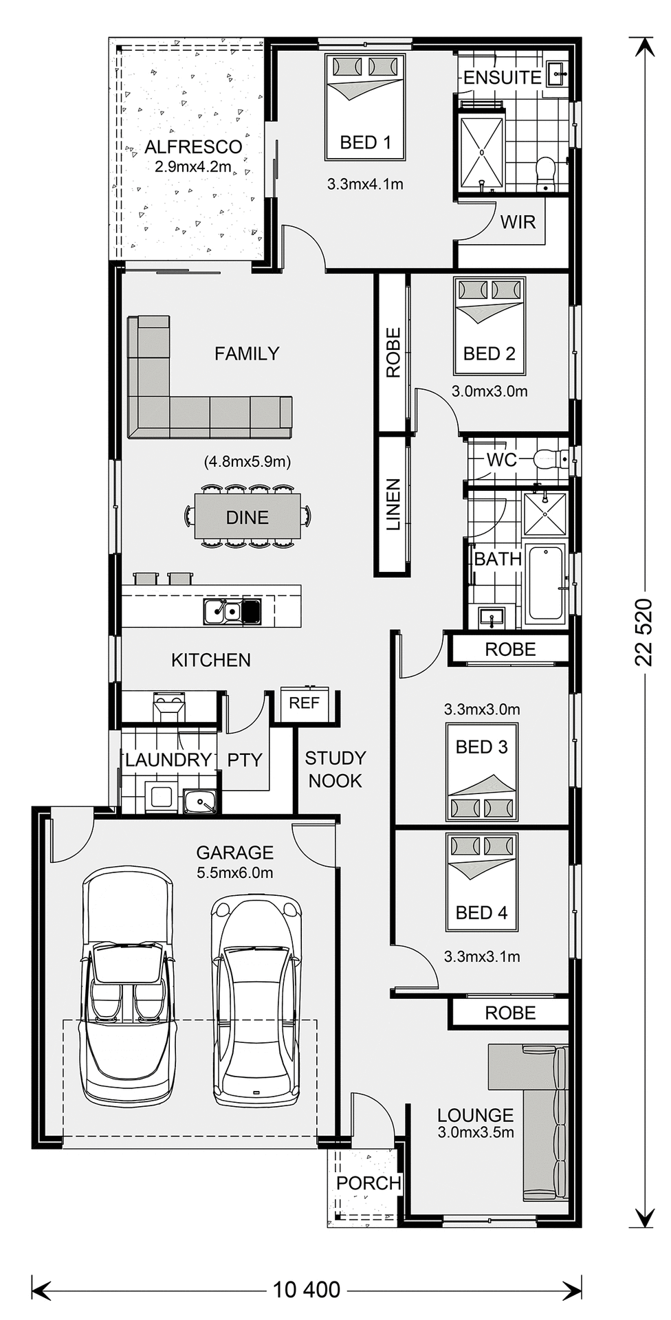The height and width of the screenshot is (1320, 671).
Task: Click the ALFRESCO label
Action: pos(193,147)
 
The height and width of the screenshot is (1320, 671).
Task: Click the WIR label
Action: pos(518,222)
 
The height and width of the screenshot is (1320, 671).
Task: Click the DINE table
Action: pos(247,517)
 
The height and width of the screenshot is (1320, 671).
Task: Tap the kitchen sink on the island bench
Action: pos(223,610)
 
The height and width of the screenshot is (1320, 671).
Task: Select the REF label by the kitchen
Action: pos(304,703)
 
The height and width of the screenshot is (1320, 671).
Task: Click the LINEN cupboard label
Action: pos(393,505)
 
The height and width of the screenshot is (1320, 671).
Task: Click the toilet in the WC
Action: pos(548,459)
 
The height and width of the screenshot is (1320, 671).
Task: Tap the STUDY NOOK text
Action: pos(335,769)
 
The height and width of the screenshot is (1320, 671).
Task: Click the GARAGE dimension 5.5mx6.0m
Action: pos(234,873)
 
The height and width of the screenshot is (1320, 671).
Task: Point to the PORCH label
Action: pos(368,1183)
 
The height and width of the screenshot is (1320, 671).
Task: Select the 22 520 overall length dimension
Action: pos(643,632)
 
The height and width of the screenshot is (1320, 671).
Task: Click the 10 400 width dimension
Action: pos(307,1289)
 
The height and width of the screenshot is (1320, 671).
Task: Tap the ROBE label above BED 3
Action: pos(510,649)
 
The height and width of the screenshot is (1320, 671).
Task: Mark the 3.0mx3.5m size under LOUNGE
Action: pos(476,1132)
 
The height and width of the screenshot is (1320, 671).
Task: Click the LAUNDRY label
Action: pos(168,760)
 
